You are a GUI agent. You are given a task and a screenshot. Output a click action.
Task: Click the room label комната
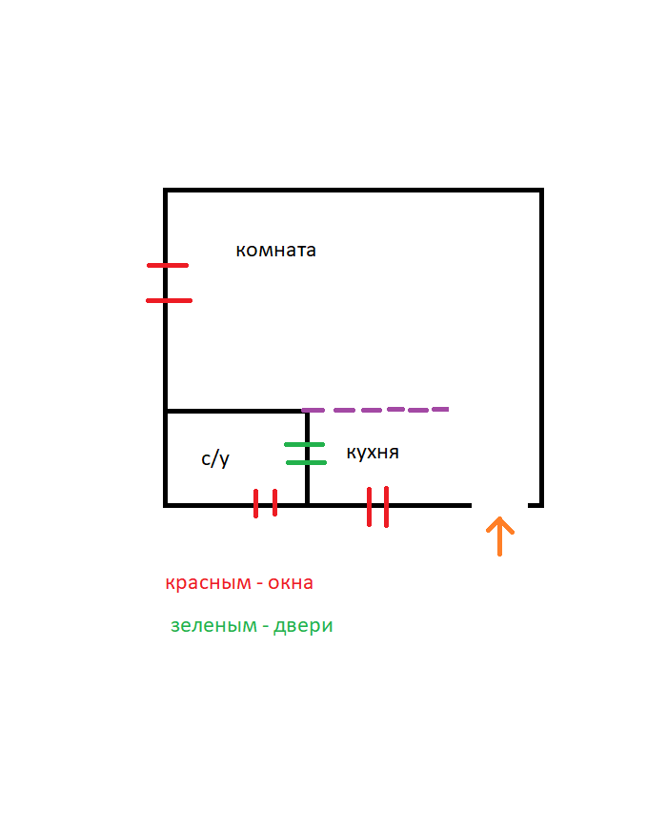pos(275,251)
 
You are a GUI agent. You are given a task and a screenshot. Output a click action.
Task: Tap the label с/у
pos(215,459)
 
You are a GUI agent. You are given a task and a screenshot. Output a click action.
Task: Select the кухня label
pos(373,453)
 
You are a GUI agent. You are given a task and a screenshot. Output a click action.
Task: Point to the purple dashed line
pos(374,410)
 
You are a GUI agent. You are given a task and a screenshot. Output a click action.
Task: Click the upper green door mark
pos(305,445)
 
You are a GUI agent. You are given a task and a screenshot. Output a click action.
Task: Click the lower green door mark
pos(306,463)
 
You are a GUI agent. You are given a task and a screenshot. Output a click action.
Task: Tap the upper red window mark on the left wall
pos(168,265)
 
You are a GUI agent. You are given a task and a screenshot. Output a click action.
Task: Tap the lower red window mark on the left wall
pos(169,300)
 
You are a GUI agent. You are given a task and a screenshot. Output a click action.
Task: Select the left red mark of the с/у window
pos(256,503)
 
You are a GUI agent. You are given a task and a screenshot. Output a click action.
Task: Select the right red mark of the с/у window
pos(275,502)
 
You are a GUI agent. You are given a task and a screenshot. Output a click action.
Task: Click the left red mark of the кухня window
pos(370,506)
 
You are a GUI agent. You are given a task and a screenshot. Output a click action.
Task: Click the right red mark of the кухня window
pos(386,506)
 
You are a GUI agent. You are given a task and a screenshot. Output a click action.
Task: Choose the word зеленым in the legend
pos(212,626)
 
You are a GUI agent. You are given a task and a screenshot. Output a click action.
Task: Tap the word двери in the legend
pos(303,626)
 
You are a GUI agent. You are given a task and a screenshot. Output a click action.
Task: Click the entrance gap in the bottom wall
pos(499,505)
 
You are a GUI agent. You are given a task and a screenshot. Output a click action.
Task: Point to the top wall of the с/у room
pos(234,412)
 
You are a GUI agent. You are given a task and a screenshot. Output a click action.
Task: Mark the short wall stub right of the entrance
pos(536,505)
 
